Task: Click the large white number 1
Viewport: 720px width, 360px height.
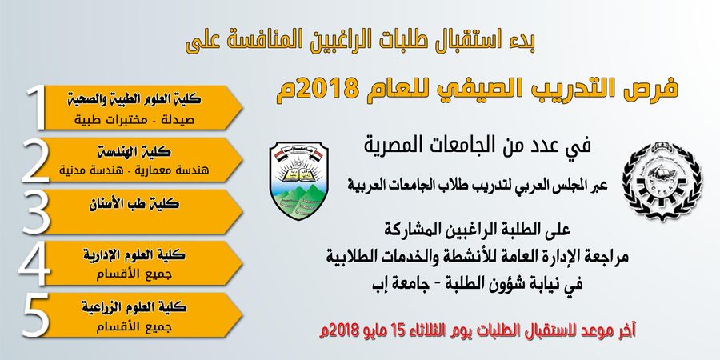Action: click(37, 107)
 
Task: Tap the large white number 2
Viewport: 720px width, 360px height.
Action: click(35, 159)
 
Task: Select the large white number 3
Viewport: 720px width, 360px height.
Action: click(36, 212)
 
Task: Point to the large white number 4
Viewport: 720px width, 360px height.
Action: click(34, 263)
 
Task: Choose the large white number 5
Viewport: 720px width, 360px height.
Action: click(36, 315)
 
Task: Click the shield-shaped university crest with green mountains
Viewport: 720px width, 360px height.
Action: click(299, 180)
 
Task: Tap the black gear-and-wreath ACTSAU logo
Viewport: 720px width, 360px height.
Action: click(662, 182)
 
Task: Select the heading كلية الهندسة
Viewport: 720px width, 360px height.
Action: click(134, 151)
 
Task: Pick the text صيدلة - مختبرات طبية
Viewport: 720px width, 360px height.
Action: click(134, 120)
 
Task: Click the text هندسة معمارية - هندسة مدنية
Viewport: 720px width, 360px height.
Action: click(134, 171)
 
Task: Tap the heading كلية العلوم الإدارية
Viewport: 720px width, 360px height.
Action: click(134, 255)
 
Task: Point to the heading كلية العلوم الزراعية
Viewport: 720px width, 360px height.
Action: click(134, 307)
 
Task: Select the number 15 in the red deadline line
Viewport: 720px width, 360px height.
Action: click(398, 330)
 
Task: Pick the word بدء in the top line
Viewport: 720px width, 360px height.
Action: click(522, 42)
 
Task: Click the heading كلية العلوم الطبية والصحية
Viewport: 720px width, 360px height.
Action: click(134, 98)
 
